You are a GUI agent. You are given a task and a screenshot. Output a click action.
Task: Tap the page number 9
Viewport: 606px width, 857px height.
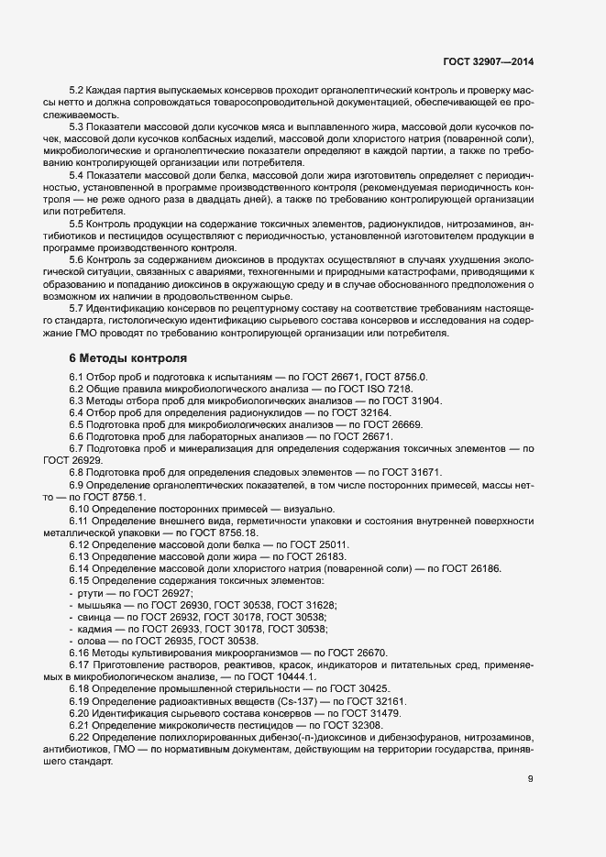[530, 779]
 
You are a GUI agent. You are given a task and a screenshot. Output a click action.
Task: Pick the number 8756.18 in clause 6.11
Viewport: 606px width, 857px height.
[236, 533]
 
